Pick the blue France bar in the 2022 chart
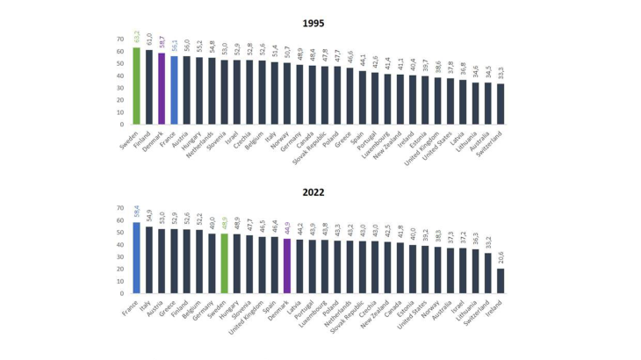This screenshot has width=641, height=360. [x=136, y=258]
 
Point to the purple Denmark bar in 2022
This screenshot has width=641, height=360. [x=286, y=266]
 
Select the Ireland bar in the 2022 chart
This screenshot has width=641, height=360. [x=500, y=281]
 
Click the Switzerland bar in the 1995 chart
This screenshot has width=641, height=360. [x=500, y=104]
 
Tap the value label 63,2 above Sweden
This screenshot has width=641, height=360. [x=136, y=37]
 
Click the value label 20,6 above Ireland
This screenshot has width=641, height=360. [x=500, y=257]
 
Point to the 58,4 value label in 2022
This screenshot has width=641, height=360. [x=136, y=212]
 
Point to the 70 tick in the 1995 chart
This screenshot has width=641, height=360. [x=119, y=40]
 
